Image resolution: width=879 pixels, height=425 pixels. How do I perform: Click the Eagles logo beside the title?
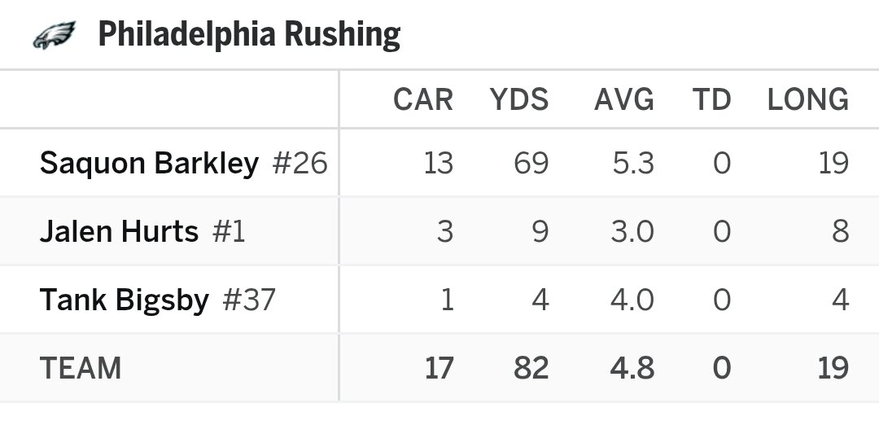pyautogui.click(x=54, y=35)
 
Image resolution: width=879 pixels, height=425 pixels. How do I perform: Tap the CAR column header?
pyautogui.click(x=422, y=100)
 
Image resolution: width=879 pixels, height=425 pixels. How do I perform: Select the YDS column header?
pyautogui.click(x=519, y=100)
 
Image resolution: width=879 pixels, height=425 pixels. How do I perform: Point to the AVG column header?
pyautogui.click(x=624, y=100)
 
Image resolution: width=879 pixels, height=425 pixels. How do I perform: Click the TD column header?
pyautogui.click(x=711, y=100)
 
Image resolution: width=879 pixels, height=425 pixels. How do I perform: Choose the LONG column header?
pyautogui.click(x=808, y=100)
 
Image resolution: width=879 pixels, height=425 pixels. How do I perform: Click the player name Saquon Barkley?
pyautogui.click(x=149, y=164)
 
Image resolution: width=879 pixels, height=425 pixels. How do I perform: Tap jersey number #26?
pyautogui.click(x=300, y=164)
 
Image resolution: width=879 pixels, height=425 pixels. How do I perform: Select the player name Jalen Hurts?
pyautogui.click(x=119, y=232)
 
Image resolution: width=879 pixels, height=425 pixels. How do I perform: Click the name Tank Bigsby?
pyautogui.click(x=125, y=300)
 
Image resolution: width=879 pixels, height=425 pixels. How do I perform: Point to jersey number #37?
pyautogui.click(x=248, y=300)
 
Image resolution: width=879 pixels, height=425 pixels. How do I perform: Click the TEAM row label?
pyautogui.click(x=81, y=369)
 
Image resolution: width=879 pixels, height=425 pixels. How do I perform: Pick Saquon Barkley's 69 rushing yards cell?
pyautogui.click(x=531, y=164)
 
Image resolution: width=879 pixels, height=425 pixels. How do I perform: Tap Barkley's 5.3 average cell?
pyautogui.click(x=633, y=164)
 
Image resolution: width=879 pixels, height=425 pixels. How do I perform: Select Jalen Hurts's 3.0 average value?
pyautogui.click(x=633, y=232)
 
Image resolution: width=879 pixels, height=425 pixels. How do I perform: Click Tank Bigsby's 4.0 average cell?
pyautogui.click(x=633, y=300)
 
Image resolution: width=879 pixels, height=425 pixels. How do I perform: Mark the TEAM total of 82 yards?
pyautogui.click(x=531, y=369)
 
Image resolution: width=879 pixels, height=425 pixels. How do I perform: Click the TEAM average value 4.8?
pyautogui.click(x=633, y=369)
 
